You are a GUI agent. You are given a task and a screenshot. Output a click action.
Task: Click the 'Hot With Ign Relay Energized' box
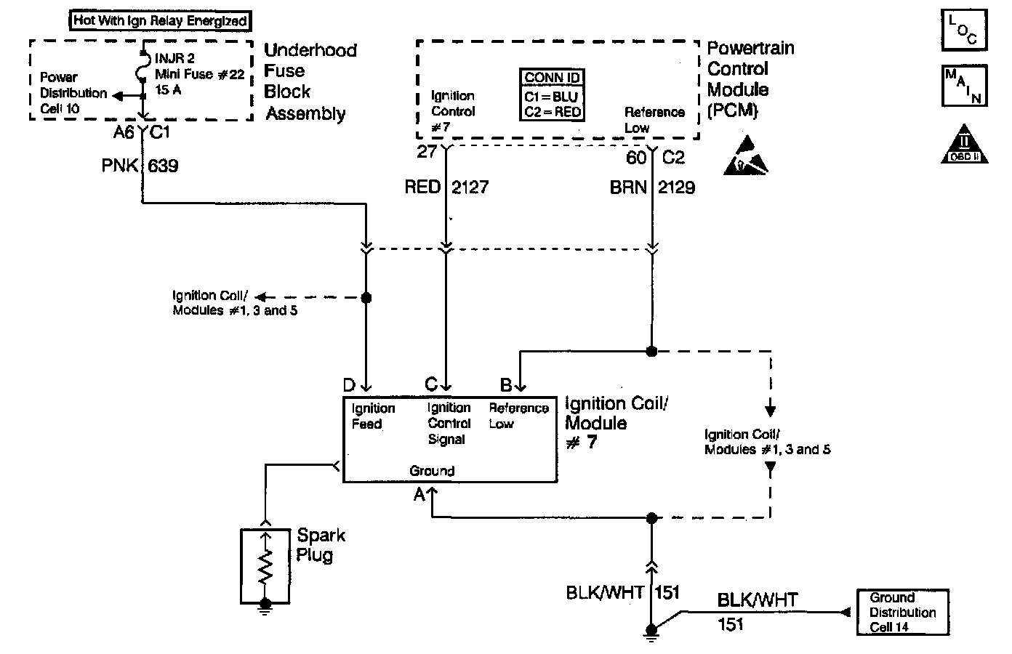[160, 21]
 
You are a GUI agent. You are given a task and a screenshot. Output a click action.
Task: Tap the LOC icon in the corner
[963, 31]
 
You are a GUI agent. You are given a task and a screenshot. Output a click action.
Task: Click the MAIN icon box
[963, 85]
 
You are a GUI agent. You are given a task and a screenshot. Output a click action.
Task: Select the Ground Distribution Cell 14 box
[902, 612]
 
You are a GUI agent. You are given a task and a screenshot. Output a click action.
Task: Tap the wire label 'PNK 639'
[140, 166]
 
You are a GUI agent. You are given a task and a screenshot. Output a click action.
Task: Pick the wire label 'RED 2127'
[446, 187]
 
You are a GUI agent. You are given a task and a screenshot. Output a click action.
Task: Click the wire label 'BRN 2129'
[652, 187]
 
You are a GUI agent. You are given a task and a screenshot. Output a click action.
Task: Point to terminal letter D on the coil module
[349, 384]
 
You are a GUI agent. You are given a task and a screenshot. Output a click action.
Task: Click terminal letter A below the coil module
[419, 495]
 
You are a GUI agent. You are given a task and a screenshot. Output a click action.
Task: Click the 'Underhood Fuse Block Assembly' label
[308, 81]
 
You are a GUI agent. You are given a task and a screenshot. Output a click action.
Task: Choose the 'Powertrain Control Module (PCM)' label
[749, 79]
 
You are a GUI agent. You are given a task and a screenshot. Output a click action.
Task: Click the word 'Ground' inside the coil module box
[432, 471]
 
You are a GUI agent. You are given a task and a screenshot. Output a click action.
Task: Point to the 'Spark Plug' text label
[320, 545]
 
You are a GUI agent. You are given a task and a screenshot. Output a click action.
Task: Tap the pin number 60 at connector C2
[635, 158]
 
